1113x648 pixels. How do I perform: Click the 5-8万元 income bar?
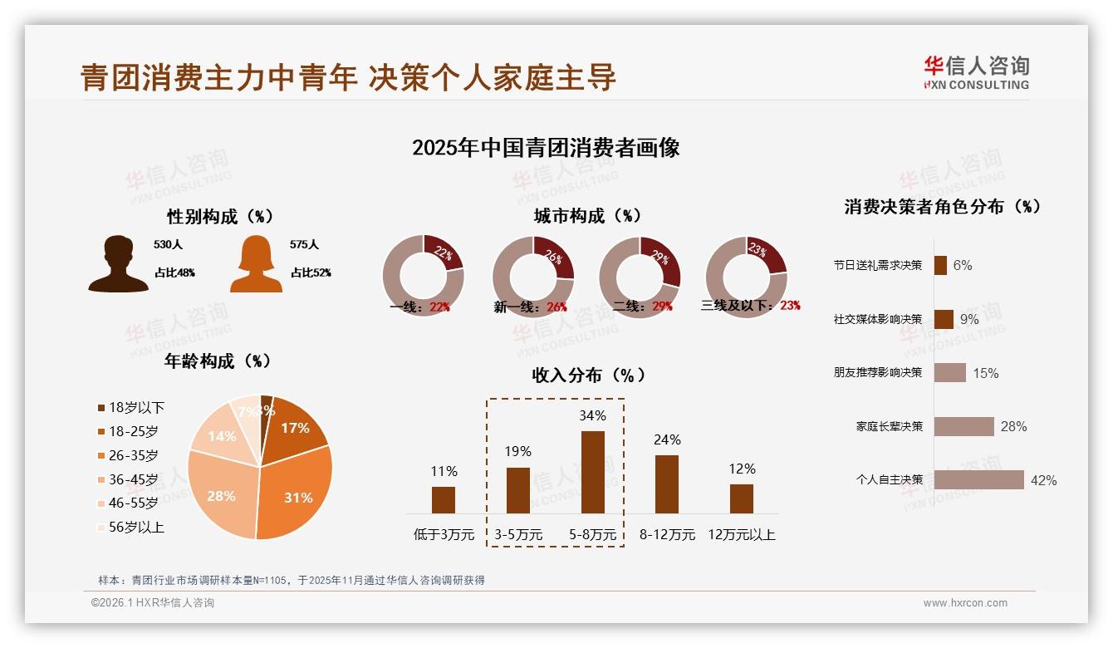click(x=592, y=472)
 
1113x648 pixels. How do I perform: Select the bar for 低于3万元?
click(x=444, y=499)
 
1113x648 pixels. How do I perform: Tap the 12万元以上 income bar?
click(x=741, y=498)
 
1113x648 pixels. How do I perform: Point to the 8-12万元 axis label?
click(x=667, y=535)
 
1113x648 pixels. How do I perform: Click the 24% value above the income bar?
click(x=667, y=439)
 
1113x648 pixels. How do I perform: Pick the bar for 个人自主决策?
click(x=978, y=480)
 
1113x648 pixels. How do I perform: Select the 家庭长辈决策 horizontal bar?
click(x=963, y=426)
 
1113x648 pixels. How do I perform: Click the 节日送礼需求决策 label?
click(x=878, y=265)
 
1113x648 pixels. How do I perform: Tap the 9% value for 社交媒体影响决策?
click(x=969, y=319)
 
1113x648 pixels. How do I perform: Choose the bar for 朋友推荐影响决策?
click(x=949, y=372)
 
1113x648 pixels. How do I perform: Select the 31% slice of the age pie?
click(x=295, y=490)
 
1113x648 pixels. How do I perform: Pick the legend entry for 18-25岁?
click(x=133, y=431)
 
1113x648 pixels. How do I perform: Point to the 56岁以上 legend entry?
click(x=136, y=527)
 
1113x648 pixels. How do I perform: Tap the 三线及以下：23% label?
click(x=750, y=305)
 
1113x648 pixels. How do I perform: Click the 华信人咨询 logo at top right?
click(x=976, y=72)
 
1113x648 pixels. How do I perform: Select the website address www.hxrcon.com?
click(x=965, y=603)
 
